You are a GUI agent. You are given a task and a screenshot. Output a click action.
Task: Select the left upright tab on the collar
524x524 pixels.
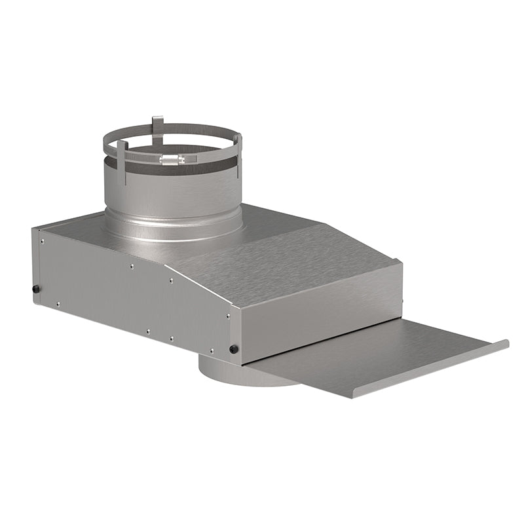[122, 152]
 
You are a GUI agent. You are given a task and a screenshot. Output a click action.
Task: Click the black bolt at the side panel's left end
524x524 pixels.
[37, 289]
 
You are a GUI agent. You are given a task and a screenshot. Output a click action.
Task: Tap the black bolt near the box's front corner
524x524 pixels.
[233, 348]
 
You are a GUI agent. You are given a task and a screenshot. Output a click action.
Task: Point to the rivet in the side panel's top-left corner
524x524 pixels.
[42, 240]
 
